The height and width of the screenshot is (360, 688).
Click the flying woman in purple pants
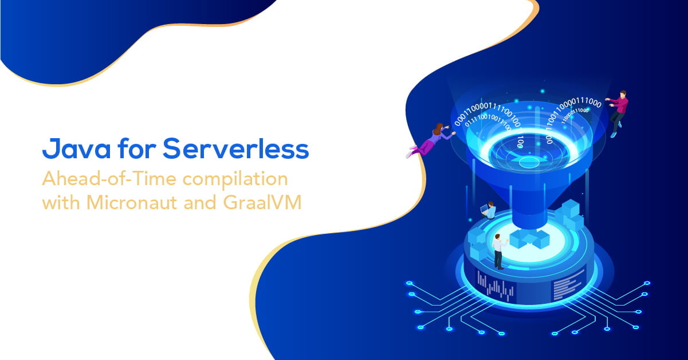(x=431, y=139)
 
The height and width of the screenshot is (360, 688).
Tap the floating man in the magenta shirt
(x=618, y=112)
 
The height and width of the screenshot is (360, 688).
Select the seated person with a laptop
(x=489, y=210)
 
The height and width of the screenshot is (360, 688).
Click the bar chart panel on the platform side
(x=496, y=287)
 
